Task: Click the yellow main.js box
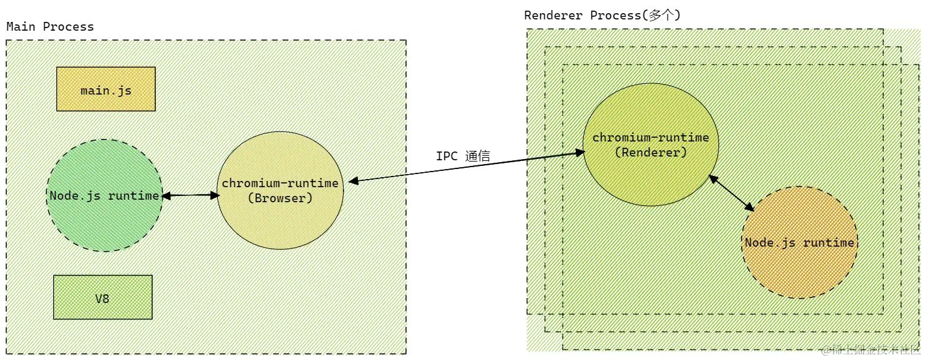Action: click(106, 90)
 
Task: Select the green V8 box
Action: click(103, 297)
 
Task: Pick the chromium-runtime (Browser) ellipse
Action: click(280, 213)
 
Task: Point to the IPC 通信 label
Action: click(462, 156)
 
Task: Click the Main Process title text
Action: click(50, 27)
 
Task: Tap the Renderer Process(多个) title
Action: click(601, 15)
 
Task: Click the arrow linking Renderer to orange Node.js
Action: click(731, 193)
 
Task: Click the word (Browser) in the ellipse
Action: click(280, 198)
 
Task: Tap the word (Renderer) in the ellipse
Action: click(650, 152)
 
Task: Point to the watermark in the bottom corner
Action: click(870, 350)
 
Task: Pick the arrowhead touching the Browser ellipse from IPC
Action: click(353, 182)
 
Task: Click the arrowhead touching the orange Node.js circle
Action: click(750, 207)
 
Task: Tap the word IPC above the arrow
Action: click(447, 156)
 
